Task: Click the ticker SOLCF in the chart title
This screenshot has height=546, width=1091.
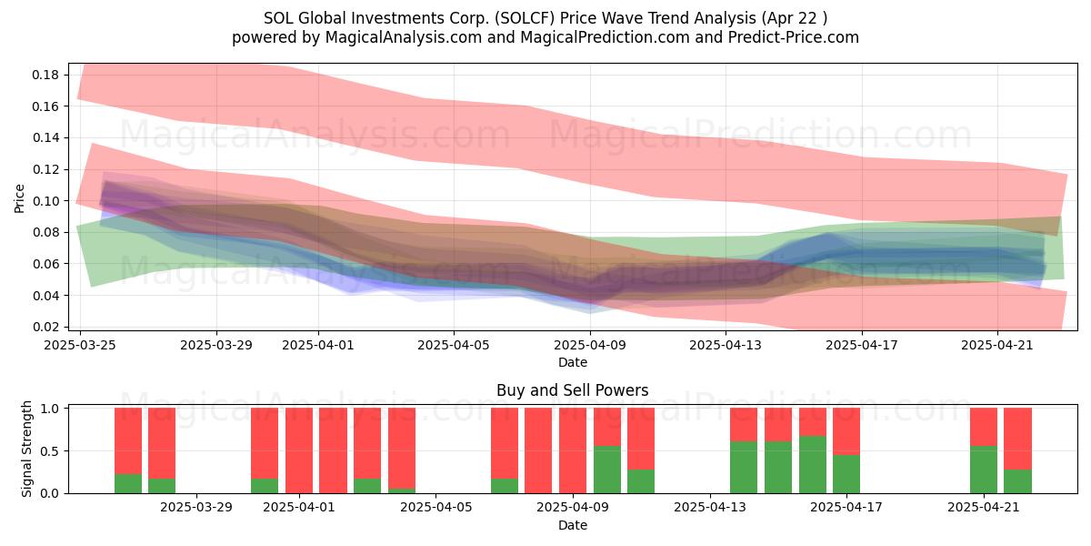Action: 525,18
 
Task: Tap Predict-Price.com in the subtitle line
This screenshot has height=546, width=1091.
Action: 794,37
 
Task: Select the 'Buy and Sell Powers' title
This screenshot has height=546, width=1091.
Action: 572,390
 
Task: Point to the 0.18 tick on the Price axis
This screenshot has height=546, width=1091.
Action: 45,75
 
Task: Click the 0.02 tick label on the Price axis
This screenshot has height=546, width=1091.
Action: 45,327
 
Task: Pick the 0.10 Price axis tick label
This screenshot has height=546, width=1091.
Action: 45,201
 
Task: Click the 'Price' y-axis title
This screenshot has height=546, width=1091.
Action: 19,198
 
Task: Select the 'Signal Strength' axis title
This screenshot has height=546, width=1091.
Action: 26,449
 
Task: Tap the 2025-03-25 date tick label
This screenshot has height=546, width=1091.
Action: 80,345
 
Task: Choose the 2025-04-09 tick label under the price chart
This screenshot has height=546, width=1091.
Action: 590,345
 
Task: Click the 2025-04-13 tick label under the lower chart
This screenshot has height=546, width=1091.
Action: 710,508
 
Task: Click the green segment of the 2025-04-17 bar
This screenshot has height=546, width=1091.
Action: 846,474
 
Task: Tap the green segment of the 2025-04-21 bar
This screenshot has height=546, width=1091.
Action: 984,470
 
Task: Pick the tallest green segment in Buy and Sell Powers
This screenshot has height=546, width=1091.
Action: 813,465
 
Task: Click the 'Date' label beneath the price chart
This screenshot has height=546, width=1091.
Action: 572,363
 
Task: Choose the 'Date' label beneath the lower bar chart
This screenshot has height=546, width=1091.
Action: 572,526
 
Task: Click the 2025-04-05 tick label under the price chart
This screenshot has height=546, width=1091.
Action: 454,345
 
